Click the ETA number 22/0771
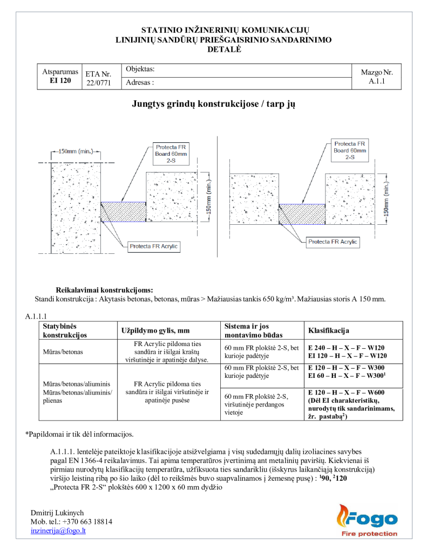[x=98, y=83]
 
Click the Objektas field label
[x=140, y=70]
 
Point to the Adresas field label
[x=140, y=83]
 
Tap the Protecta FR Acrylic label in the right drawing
[x=333, y=242]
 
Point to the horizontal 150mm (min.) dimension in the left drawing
[x=76, y=151]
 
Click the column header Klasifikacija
[x=329, y=330]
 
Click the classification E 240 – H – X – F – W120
[x=347, y=347]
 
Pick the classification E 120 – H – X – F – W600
[x=347, y=392]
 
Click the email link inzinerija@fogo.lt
[x=58, y=530]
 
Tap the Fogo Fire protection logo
[x=367, y=521]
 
